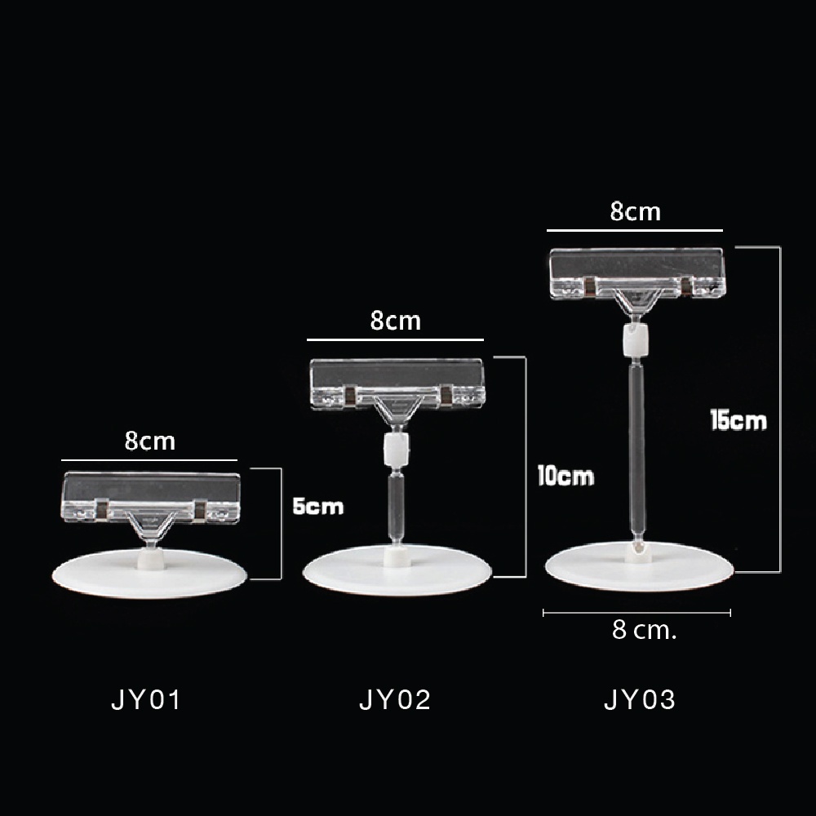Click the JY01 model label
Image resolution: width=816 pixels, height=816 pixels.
pyautogui.click(x=146, y=699)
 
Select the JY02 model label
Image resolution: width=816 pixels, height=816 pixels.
pyautogui.click(x=395, y=699)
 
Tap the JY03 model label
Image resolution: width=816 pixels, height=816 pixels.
pyautogui.click(x=640, y=699)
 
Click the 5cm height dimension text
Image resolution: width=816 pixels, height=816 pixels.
pyautogui.click(x=318, y=506)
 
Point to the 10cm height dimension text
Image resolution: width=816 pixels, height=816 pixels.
pyautogui.click(x=565, y=476)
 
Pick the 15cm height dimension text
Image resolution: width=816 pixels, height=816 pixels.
pyautogui.click(x=738, y=420)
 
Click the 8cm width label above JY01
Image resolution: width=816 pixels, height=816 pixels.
pyautogui.click(x=150, y=441)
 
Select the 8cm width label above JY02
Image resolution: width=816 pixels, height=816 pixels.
pyautogui.click(x=396, y=321)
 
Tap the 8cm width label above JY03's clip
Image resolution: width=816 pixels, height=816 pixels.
pyautogui.click(x=636, y=211)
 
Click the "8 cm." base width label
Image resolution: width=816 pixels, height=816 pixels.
pyautogui.click(x=645, y=630)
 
